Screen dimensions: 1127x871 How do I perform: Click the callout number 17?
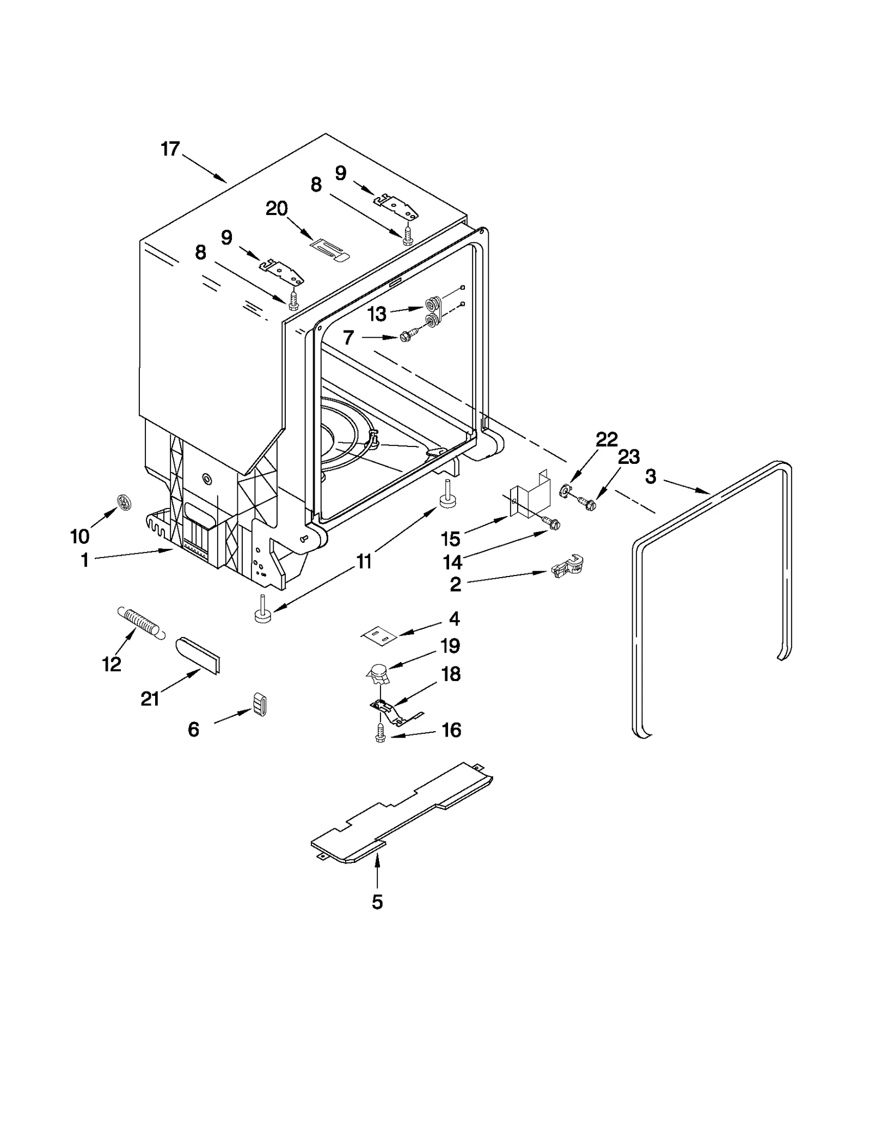coord(170,149)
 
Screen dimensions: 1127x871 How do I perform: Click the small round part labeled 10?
coord(125,503)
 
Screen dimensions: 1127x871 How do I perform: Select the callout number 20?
coord(277,209)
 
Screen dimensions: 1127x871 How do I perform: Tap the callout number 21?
coord(150,699)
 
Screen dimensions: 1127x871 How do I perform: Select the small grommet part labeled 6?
coord(261,705)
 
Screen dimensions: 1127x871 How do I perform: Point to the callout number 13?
coord(377,314)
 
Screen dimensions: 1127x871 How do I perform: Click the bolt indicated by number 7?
coord(408,337)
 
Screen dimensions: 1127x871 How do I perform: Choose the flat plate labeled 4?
coord(379,635)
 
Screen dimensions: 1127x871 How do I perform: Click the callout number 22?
coord(606,439)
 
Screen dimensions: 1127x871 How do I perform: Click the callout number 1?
coord(85,560)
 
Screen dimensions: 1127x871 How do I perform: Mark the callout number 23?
coord(628,457)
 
